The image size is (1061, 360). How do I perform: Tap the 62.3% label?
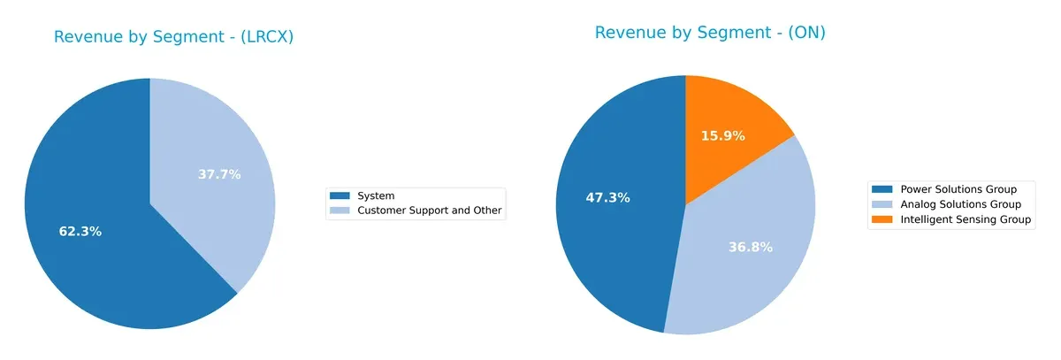pyautogui.click(x=80, y=232)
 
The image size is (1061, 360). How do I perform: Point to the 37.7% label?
pyautogui.click(x=219, y=174)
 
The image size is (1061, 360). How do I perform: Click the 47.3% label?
pyautogui.click(x=607, y=197)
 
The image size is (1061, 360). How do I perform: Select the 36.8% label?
pyautogui.click(x=751, y=247)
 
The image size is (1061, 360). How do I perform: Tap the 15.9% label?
pyautogui.click(x=722, y=136)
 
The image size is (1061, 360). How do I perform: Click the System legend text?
pyautogui.click(x=376, y=195)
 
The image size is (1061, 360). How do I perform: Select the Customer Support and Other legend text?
pyautogui.click(x=429, y=211)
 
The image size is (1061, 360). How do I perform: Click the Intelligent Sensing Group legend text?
pyautogui.click(x=966, y=219)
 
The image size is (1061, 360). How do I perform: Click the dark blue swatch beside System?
pyautogui.click(x=340, y=195)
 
